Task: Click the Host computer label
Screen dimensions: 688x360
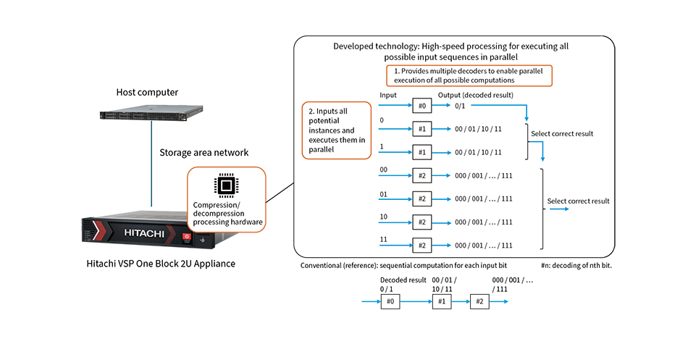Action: [x=147, y=92]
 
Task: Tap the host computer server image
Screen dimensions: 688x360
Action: [x=151, y=113]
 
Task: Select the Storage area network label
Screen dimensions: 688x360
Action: [x=204, y=152]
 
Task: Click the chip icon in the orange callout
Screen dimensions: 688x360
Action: [x=227, y=185]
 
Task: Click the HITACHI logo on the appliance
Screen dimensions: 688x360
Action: [x=144, y=233]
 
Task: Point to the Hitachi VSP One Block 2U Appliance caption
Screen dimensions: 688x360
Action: [x=161, y=264]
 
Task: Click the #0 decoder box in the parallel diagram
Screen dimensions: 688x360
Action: [x=422, y=106]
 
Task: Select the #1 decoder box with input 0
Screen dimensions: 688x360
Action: [x=422, y=129]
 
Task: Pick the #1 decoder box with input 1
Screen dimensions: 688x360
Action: [x=422, y=152]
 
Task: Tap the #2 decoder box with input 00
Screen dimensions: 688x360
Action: [x=422, y=175]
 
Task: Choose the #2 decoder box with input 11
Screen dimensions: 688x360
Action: [x=422, y=246]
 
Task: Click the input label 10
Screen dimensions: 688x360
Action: [x=384, y=217]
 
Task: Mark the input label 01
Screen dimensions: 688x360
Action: [x=384, y=194]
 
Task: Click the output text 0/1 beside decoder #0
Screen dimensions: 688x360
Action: [x=460, y=106]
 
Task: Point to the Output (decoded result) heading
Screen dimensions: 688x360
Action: [x=476, y=95]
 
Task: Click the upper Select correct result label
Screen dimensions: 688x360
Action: [x=562, y=133]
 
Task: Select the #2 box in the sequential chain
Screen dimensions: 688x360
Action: [x=479, y=301]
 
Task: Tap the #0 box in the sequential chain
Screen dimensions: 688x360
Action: [x=390, y=301]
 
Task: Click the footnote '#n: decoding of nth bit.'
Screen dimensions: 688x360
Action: [x=576, y=265]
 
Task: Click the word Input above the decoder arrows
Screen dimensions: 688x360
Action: [x=388, y=95]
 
